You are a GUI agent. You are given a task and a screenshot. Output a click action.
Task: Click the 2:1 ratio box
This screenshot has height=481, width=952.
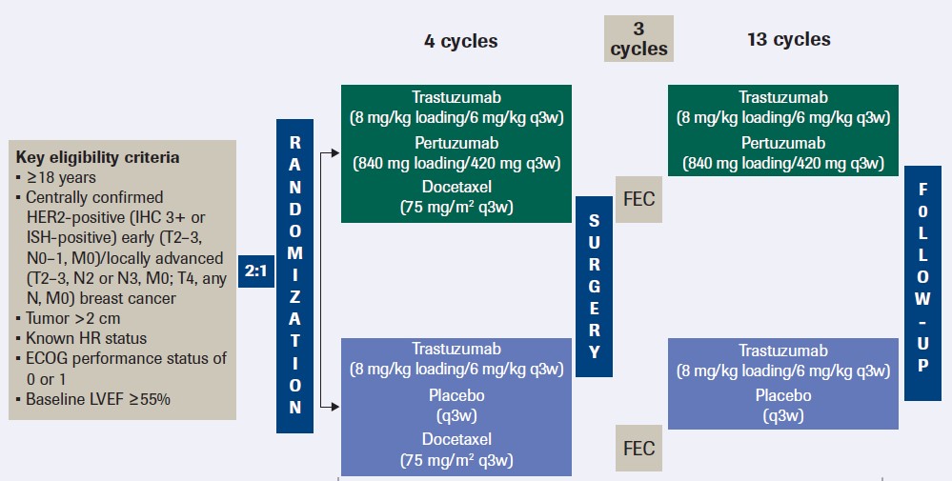tap(255, 270)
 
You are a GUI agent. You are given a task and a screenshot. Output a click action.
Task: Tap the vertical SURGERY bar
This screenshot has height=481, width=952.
tap(594, 287)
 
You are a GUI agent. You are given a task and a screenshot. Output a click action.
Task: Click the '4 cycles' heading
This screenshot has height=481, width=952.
tap(461, 41)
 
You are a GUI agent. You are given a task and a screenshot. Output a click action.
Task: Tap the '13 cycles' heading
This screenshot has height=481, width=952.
tap(790, 40)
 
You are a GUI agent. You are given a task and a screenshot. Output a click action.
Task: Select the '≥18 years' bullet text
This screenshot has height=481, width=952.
tap(63, 177)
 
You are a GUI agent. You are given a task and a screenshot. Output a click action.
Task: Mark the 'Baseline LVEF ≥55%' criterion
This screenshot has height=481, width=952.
tap(98, 400)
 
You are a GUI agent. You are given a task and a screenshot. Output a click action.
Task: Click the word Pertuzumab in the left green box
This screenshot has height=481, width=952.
tap(456, 143)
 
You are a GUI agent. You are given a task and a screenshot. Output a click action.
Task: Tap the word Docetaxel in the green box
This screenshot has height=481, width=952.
tap(456, 189)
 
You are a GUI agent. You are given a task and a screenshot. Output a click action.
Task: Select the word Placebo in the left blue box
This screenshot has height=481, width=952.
tap(456, 394)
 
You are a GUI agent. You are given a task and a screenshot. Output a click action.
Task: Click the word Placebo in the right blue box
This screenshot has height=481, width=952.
tap(783, 395)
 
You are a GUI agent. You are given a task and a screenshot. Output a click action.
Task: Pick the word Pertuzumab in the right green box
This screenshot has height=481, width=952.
tap(783, 143)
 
